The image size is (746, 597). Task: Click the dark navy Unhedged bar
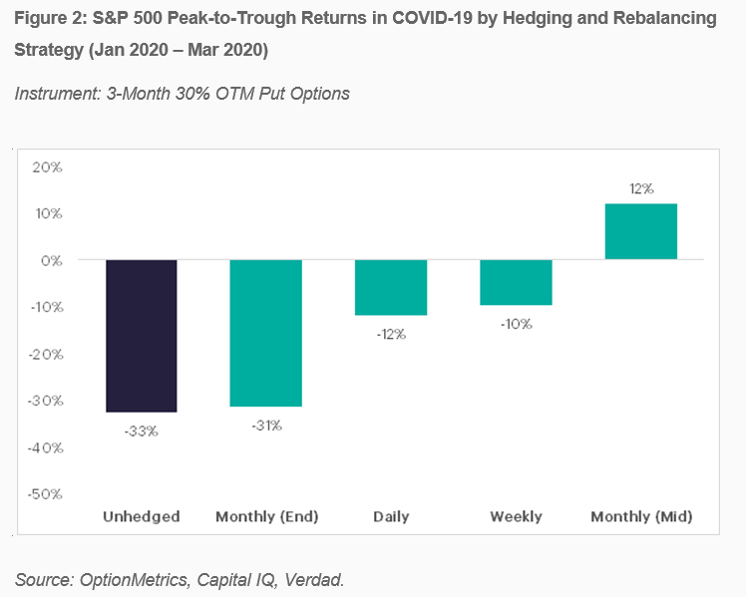click(x=142, y=336)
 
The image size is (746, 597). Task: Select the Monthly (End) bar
click(x=266, y=333)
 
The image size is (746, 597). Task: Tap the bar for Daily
click(x=391, y=287)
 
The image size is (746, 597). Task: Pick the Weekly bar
click(x=517, y=282)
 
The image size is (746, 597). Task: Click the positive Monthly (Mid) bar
click(x=641, y=231)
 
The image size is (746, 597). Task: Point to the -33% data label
click(x=142, y=432)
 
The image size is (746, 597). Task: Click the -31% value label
click(x=267, y=426)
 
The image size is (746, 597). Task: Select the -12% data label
click(x=391, y=335)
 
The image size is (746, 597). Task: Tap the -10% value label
click(x=517, y=324)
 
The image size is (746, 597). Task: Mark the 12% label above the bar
click(x=641, y=189)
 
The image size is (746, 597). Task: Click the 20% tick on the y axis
click(x=47, y=167)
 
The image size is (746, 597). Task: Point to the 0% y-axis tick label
click(x=52, y=261)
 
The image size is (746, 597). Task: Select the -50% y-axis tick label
click(x=45, y=494)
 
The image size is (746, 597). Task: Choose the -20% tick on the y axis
click(x=46, y=354)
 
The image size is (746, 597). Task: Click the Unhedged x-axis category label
click(x=142, y=516)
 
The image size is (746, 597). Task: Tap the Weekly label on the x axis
click(x=517, y=516)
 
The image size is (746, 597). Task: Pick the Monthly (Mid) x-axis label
click(x=641, y=516)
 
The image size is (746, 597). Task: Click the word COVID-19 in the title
click(x=432, y=18)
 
